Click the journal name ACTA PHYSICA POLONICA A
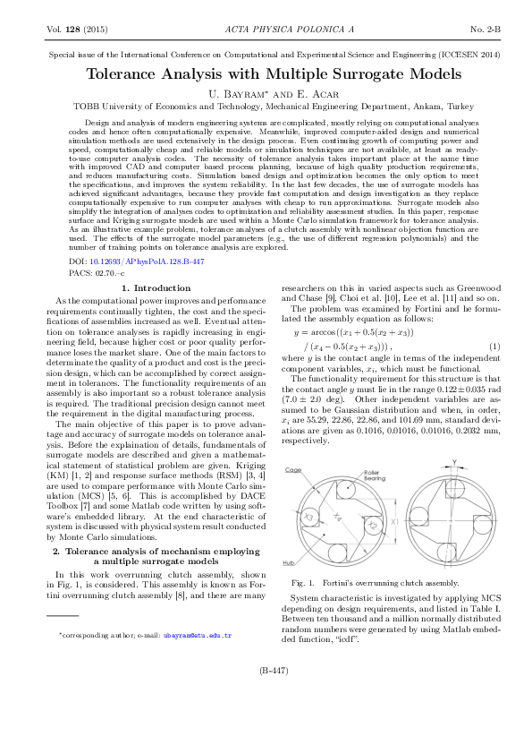pos(266,30)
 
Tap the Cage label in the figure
pos(292,469)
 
